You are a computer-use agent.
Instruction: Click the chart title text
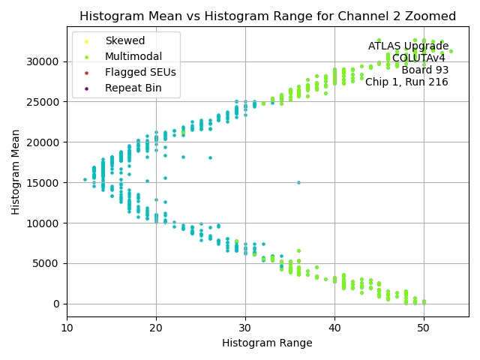point(268,16)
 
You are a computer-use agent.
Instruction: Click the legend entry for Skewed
point(125,40)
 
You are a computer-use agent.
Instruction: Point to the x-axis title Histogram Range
point(267,343)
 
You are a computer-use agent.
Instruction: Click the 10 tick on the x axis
point(67,328)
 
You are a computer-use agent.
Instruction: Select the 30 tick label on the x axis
point(245,328)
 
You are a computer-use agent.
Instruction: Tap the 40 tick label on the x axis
point(334,328)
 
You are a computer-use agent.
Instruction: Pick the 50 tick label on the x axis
point(424,328)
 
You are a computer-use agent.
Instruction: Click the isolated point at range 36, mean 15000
point(298,182)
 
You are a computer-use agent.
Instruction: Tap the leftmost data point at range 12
point(85,179)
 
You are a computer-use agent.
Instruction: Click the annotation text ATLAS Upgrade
point(408,46)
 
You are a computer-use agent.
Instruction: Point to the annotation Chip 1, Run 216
point(406,82)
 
